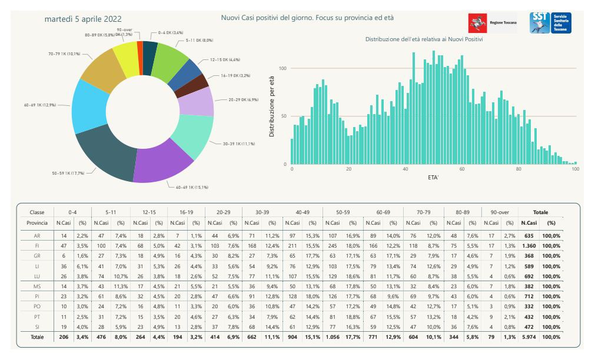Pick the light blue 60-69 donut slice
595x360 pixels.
click(88, 106)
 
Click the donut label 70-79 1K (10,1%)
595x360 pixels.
click(64, 54)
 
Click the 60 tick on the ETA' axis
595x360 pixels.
click(462, 169)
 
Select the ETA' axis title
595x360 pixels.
click(434, 176)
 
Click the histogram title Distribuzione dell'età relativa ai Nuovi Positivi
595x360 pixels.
click(424, 39)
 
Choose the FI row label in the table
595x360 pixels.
click(37, 245)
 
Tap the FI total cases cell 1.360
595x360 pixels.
click(529, 245)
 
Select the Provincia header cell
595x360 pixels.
click(37, 222)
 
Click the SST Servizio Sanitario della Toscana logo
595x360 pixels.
click(550, 23)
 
